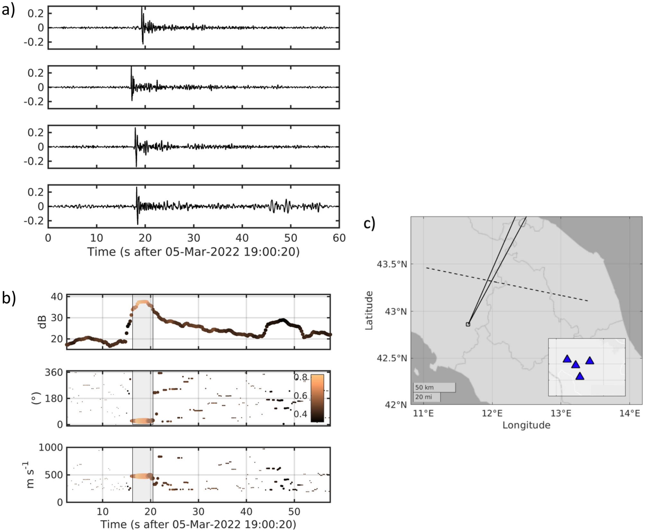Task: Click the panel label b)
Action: (9, 298)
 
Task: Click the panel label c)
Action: (369, 223)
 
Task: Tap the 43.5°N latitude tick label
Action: (391, 264)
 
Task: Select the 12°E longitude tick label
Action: (492, 413)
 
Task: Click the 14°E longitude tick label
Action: (629, 413)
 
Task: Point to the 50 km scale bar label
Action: (424, 387)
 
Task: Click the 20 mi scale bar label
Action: (423, 397)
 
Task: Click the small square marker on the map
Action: (468, 324)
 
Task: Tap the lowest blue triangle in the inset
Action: (579, 376)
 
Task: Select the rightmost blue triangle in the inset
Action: (589, 361)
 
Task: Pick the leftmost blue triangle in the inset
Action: (567, 359)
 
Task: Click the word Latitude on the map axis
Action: (369, 310)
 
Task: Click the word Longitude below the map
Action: (526, 425)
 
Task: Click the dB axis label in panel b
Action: (43, 322)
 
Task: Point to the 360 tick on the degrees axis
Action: (54, 372)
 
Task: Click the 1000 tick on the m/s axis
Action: (51, 447)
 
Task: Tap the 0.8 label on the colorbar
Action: (300, 377)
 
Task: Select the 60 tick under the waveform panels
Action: (339, 238)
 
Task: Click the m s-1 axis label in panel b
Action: (30, 475)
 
